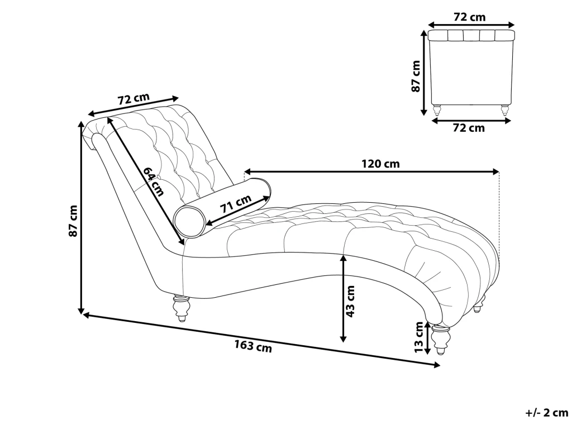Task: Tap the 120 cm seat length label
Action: point(380,164)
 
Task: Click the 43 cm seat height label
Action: point(350,302)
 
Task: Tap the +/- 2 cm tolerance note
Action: point(546,413)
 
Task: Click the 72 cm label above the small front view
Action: point(469,17)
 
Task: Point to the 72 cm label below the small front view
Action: point(468,128)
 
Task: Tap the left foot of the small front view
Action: point(437,109)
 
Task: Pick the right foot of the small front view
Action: point(505,109)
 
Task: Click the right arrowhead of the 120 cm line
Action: point(495,171)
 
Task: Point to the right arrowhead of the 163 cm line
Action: point(437,365)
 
